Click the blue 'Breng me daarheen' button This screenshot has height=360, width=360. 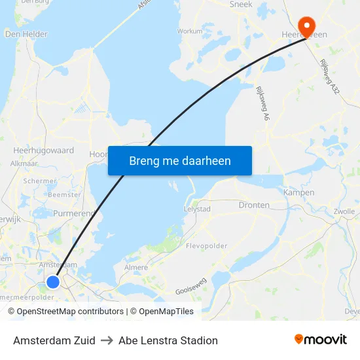(x=180, y=160)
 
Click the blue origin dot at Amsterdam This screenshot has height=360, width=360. (x=53, y=281)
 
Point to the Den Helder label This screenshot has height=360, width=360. (x=26, y=34)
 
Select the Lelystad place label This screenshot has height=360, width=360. (x=197, y=209)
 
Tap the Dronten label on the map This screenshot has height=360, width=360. (x=254, y=205)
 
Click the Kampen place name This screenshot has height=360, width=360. (x=298, y=192)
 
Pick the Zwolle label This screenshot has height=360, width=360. (x=344, y=211)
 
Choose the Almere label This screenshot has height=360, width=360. (x=136, y=267)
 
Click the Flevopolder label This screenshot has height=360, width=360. (x=207, y=246)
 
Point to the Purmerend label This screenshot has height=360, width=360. (x=73, y=213)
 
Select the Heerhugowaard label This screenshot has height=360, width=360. (x=43, y=151)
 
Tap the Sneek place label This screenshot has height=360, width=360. (x=241, y=5)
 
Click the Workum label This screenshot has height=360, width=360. (x=190, y=31)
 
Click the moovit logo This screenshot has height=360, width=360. (x=321, y=339)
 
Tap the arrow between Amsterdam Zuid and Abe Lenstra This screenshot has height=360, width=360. (x=107, y=340)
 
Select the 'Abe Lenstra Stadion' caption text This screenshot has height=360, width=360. (x=168, y=340)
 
